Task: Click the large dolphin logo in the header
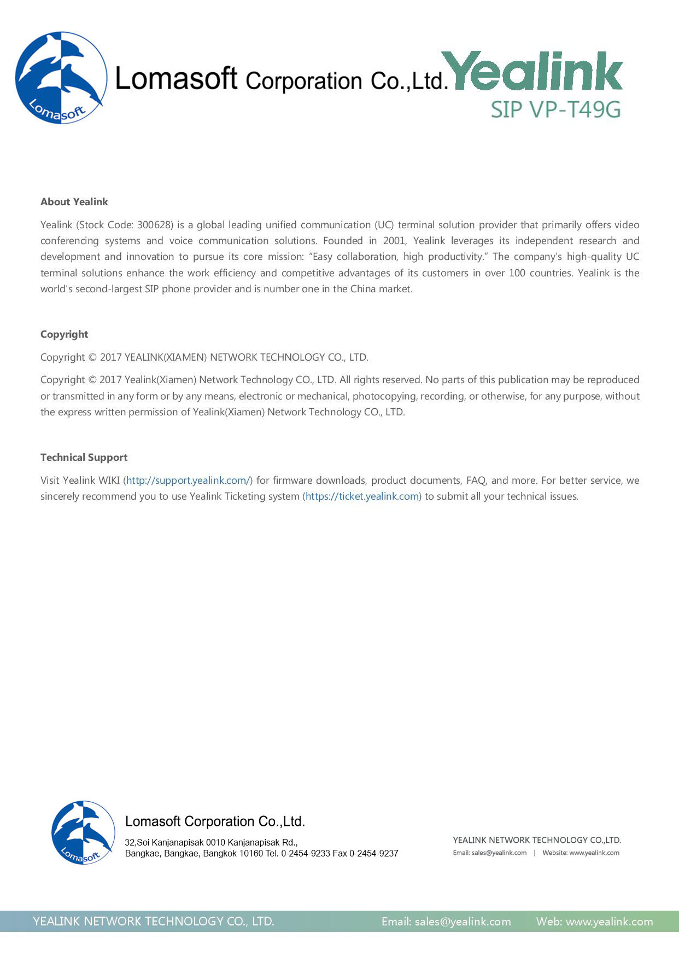point(61,78)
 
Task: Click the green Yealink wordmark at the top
point(535,71)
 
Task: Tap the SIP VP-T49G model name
point(555,109)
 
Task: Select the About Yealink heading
point(74,201)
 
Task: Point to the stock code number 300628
point(155,225)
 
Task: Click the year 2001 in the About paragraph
point(394,241)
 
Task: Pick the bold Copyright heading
point(64,334)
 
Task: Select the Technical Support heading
point(84,458)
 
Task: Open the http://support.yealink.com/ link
point(188,480)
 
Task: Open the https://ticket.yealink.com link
point(362,496)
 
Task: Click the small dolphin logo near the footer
point(83,832)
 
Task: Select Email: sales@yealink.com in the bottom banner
point(446,922)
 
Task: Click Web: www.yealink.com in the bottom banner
point(594,922)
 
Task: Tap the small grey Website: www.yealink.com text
point(581,853)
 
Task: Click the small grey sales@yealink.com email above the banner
point(499,853)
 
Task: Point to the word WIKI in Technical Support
point(109,480)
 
